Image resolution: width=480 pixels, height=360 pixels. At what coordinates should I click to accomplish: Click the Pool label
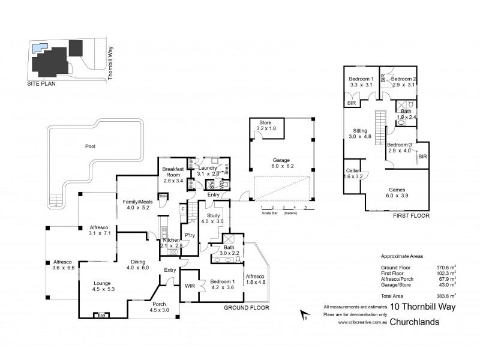90,146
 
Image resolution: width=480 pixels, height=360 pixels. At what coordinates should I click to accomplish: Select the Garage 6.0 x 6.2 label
281,164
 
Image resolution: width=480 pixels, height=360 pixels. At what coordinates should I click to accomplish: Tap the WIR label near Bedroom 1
191,286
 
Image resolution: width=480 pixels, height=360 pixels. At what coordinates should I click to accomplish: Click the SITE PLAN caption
42,85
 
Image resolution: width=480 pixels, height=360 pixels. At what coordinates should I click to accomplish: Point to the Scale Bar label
269,213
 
